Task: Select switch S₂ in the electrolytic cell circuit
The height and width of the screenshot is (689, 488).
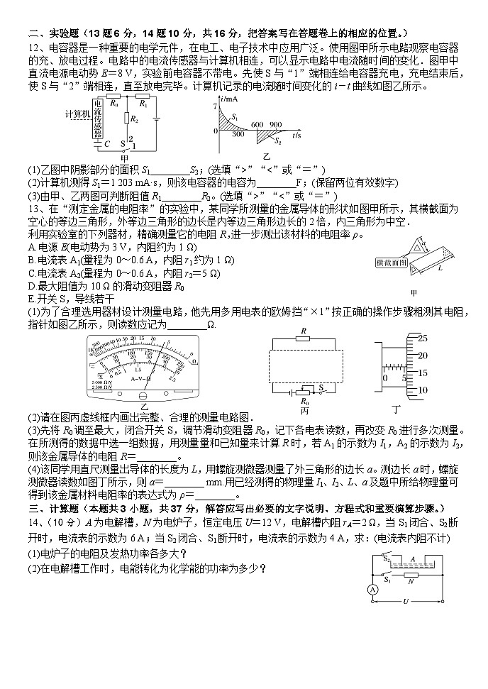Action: click(x=387, y=558)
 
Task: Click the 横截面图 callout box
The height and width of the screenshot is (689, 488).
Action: click(x=392, y=262)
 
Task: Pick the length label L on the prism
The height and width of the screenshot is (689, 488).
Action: click(x=440, y=269)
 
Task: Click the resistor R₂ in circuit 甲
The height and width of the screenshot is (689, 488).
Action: click(x=126, y=120)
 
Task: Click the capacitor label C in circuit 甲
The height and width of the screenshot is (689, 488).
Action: click(x=106, y=144)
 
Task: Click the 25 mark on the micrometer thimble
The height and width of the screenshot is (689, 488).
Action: click(x=421, y=338)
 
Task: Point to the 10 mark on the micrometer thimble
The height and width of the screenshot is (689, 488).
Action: click(x=421, y=390)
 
